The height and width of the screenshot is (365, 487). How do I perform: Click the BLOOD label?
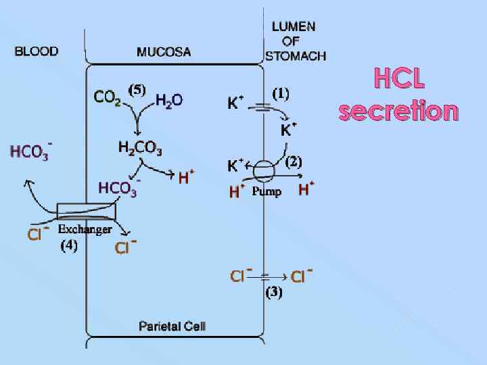coord(37,51)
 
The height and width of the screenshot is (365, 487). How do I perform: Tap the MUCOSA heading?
coord(164,51)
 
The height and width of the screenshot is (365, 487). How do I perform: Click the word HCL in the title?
coord(400,80)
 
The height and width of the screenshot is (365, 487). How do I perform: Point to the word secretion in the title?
coord(398,110)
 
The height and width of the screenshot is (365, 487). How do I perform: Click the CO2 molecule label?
coord(107,99)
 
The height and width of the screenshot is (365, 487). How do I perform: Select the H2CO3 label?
coord(139,147)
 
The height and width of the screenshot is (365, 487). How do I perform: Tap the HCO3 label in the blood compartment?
coord(30,152)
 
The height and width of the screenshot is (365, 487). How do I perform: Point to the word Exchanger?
coord(85,230)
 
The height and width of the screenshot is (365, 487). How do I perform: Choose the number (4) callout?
coord(69,245)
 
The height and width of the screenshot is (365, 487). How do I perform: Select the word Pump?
coord(266,192)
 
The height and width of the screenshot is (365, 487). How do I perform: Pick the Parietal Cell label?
coord(172,326)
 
